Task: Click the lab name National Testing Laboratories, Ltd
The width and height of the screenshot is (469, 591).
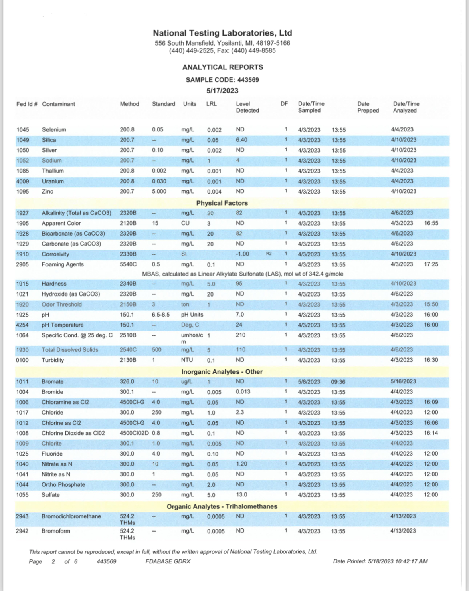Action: [222, 33]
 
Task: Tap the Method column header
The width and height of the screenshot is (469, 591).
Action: [129, 104]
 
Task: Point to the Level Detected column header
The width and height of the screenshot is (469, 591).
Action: [247, 107]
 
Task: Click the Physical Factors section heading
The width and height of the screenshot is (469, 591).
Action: [222, 203]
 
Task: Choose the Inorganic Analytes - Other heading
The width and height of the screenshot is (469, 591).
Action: [222, 372]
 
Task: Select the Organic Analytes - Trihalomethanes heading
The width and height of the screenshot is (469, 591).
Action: [222, 506]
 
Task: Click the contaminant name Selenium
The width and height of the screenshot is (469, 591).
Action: [54, 130]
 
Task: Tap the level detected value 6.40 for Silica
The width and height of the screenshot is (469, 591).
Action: [241, 140]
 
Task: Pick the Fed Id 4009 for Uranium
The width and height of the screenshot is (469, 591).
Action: [22, 181]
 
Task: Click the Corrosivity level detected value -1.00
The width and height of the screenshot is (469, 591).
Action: [242, 254]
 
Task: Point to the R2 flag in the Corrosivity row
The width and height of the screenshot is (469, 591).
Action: [269, 254]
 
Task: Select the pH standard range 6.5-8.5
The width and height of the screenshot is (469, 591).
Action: [160, 315]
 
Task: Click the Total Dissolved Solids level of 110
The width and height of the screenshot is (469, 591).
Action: [241, 350]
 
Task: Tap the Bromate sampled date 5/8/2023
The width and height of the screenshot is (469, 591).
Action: [309, 382]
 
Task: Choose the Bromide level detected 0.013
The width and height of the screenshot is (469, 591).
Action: [243, 392]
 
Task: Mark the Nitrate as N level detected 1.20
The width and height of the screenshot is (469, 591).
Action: [241, 464]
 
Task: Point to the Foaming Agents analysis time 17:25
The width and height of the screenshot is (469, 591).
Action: [431, 264]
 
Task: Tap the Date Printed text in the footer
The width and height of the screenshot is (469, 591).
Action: [380, 561]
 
